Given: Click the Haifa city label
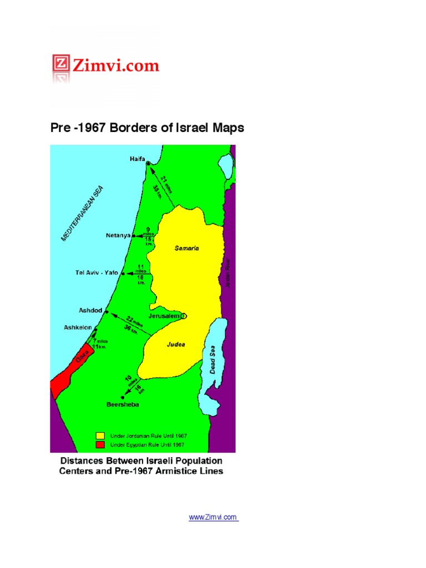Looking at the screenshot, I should point(137,158).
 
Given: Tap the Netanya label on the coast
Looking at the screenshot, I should point(118,235).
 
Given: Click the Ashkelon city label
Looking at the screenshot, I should point(78,327).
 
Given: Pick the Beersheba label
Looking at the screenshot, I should point(122,405).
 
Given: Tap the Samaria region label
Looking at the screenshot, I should point(187,248).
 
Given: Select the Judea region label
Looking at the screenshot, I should point(176,344).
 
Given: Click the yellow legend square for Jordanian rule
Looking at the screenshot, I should point(100,435).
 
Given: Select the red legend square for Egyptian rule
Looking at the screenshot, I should point(100,444).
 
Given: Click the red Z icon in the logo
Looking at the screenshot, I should point(60,65).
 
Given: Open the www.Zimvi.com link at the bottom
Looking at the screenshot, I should point(213,518).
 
